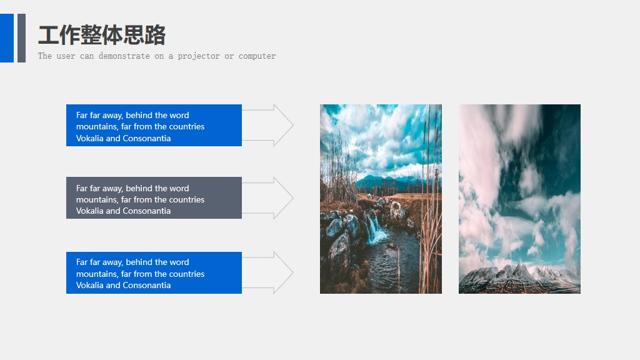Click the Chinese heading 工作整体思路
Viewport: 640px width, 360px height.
coord(102,35)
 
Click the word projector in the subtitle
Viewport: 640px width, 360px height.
coord(199,56)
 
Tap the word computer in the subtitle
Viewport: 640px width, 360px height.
coord(257,56)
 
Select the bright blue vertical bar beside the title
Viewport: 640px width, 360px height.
coord(6,37)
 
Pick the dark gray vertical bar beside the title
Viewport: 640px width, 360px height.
coord(21,37)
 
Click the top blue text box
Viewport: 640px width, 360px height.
coord(154,125)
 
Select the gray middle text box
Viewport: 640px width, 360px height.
coord(154,198)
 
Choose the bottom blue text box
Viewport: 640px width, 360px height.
coord(154,272)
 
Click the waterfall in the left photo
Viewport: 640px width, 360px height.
coord(376,229)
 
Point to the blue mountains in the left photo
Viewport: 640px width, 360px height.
coord(387,182)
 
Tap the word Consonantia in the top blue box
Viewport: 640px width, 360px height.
coord(146,139)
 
